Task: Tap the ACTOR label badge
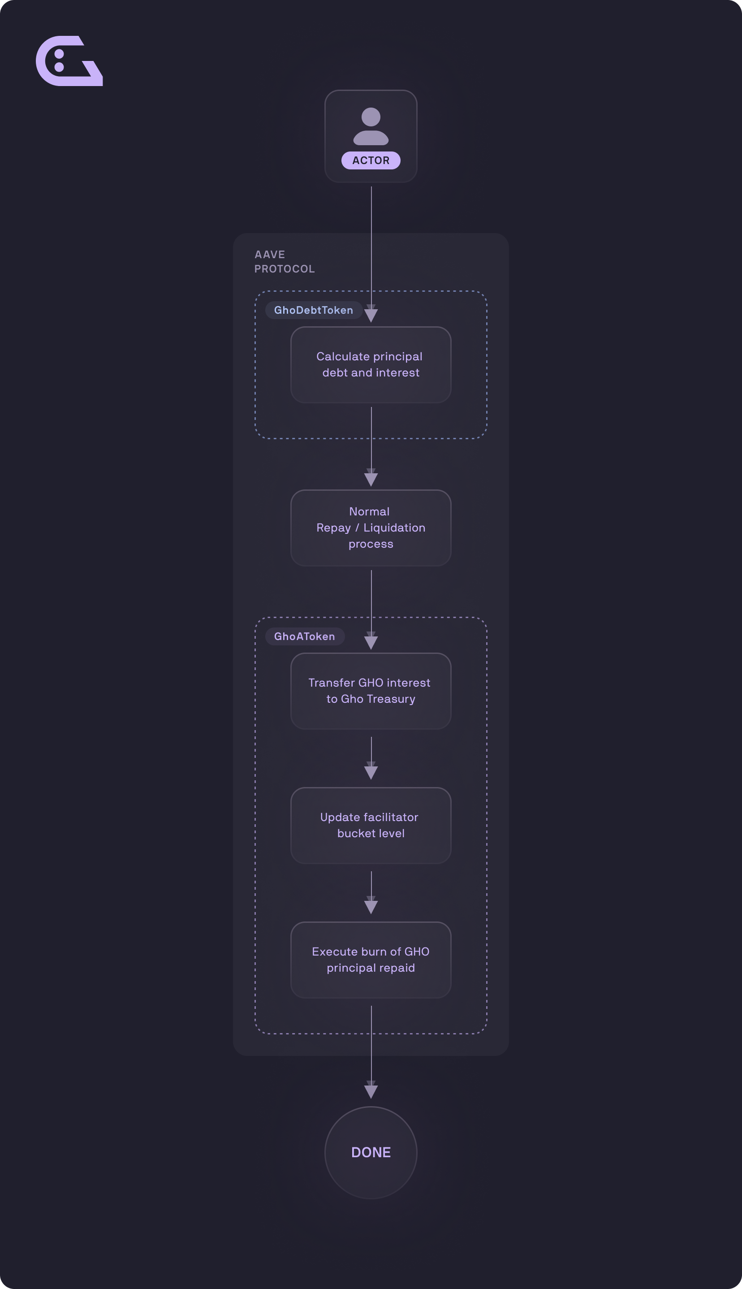tap(371, 160)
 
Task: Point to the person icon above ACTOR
tap(371, 126)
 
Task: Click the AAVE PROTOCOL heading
tap(285, 261)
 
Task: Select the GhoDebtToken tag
tap(313, 310)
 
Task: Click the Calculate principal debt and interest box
tap(371, 365)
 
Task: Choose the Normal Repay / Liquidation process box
tap(371, 528)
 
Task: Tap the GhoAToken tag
tap(305, 636)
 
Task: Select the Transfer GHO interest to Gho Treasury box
tap(371, 691)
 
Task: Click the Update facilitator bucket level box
tap(371, 826)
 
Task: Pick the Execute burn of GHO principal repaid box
tap(371, 960)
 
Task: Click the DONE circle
tap(371, 1152)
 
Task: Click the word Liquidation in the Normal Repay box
tap(394, 528)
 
